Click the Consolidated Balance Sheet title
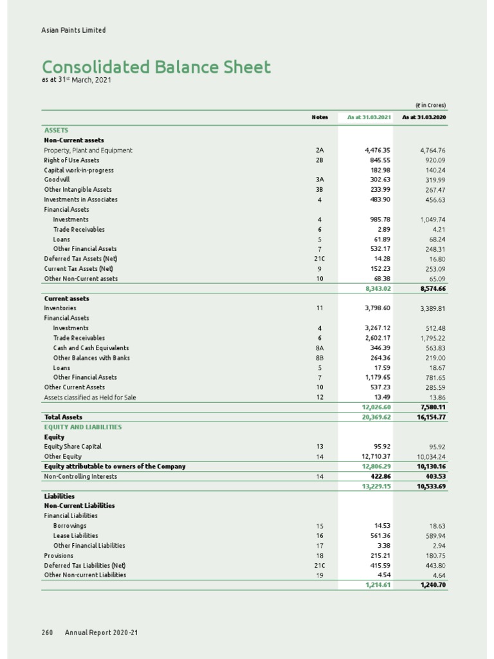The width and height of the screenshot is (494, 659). [x=156, y=67]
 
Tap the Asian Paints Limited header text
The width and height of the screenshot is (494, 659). [x=73, y=30]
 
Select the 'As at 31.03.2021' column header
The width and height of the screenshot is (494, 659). [x=369, y=117]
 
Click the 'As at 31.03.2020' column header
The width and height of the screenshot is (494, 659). [x=424, y=117]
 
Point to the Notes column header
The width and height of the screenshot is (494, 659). [x=320, y=117]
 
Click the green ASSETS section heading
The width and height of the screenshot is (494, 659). [x=56, y=130]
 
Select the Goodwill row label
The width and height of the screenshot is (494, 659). [x=57, y=180]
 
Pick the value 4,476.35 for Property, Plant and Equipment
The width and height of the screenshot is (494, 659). [x=378, y=150]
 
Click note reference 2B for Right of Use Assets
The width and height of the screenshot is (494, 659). [x=320, y=160]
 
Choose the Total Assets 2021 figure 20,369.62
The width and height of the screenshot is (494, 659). [x=376, y=417]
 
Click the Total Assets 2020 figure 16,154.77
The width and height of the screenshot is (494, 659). [x=433, y=417]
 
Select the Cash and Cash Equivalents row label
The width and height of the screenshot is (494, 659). [x=91, y=348]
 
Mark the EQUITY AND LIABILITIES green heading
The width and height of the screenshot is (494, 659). [x=83, y=427]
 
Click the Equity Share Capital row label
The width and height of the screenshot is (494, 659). [x=73, y=446]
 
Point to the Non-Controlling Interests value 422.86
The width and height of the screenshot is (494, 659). [x=378, y=476]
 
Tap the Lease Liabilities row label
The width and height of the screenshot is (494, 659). [x=75, y=535]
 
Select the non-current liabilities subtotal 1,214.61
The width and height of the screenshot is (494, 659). [x=378, y=585]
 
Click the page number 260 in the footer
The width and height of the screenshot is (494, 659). [x=47, y=633]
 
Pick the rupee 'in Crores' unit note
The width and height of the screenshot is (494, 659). [x=430, y=106]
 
